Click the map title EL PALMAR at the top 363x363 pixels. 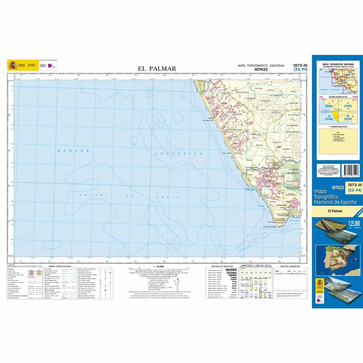157,69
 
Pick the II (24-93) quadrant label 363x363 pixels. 349,105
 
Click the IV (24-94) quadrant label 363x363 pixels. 348,118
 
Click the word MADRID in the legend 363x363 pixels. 231,270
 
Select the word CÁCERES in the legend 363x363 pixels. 231,273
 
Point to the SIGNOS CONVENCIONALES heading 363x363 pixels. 57,266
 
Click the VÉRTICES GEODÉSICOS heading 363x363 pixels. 290,266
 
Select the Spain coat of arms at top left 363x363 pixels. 13,65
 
